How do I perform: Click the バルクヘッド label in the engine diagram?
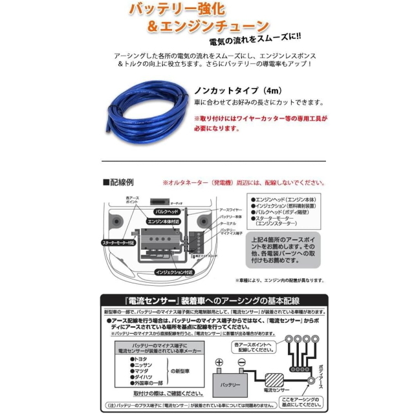pos(166,211)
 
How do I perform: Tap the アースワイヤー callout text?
pos(231,210)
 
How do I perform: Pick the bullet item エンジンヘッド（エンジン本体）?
pos(281,199)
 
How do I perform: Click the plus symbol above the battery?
pos(219,364)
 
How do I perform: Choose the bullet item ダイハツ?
pos(142,375)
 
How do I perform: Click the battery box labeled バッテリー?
pos(231,386)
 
